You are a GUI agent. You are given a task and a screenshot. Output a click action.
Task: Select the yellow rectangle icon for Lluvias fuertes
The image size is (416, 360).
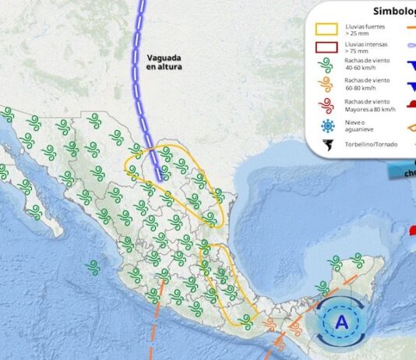click(326, 30)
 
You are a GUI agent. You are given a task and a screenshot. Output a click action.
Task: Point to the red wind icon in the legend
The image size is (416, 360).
click(326, 105)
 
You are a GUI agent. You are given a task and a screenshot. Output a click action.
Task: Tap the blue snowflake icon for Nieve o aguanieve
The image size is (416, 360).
click(326, 125)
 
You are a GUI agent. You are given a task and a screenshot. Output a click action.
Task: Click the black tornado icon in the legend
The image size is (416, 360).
click(326, 144)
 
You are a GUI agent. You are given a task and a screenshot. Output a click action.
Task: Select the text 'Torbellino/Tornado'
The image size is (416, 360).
click(367, 144)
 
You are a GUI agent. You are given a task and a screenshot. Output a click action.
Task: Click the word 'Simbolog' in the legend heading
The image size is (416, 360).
click(393, 11)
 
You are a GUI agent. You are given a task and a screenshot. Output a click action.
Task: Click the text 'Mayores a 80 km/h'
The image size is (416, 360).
click(369, 109)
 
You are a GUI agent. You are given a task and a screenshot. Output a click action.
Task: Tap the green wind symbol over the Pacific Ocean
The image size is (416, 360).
click(93, 267)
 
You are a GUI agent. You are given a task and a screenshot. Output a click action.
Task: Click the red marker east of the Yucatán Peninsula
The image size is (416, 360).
click(407, 231)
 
